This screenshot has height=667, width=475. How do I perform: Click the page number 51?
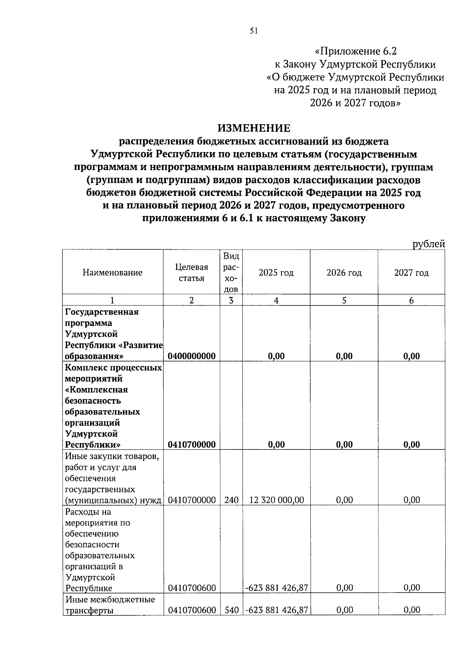tap(254, 31)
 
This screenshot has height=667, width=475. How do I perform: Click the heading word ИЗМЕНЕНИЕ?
tap(254, 128)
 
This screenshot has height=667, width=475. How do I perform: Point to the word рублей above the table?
tap(429, 244)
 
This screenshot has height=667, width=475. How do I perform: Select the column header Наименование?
tap(112, 273)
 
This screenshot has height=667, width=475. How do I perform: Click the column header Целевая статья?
tap(192, 273)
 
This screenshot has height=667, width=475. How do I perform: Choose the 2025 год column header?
tap(276, 273)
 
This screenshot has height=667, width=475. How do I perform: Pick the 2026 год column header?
tap(344, 273)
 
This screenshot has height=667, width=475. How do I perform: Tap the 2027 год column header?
tap(411, 273)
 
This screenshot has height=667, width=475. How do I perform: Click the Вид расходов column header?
tap(231, 273)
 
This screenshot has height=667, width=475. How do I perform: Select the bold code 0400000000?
tap(192, 356)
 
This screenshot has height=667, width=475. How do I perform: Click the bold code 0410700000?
tap(192, 445)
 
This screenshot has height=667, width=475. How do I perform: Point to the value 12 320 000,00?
tap(277, 500)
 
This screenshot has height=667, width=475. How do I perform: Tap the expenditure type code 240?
tap(231, 500)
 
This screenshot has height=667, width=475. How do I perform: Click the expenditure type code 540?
tap(231, 610)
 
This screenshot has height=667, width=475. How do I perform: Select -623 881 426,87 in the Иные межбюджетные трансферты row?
tap(277, 610)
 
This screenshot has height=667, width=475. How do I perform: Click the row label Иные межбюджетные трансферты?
tap(110, 605)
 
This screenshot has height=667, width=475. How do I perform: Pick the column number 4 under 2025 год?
tap(276, 300)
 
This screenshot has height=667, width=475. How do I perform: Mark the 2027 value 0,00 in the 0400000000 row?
tap(412, 356)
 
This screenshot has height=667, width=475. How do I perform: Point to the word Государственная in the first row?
tap(102, 312)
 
